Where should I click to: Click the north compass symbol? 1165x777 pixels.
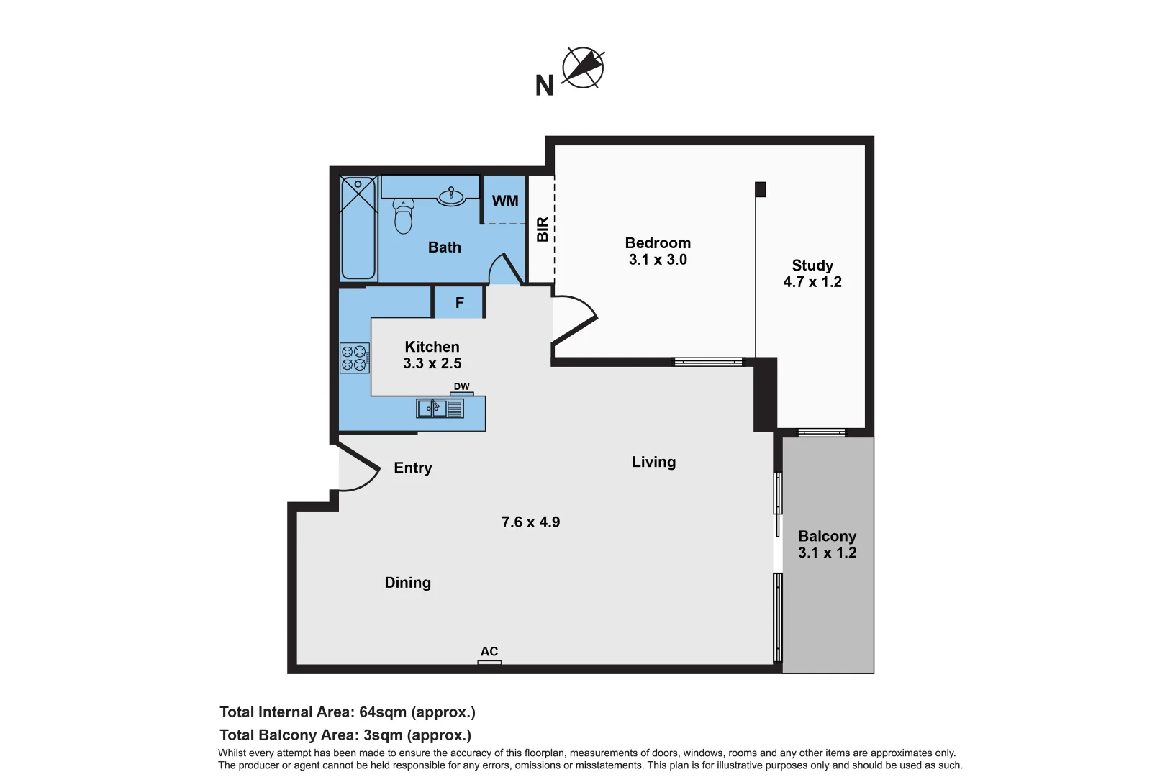(x=582, y=68)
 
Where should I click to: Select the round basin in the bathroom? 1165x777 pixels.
(x=452, y=196)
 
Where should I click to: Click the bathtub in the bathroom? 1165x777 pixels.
(x=358, y=228)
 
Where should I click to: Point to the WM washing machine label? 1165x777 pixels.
(x=504, y=201)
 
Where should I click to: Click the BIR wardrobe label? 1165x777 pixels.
(x=543, y=229)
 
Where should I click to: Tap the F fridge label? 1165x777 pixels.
(x=459, y=303)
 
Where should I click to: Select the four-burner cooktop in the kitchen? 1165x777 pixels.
(x=354, y=358)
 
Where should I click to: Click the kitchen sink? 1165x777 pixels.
(x=439, y=409)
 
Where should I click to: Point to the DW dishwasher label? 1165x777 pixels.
(x=461, y=386)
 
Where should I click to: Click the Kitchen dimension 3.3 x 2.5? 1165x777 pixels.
(x=432, y=363)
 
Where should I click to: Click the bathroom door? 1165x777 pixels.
(x=505, y=269)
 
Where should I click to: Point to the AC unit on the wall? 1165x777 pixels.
(x=489, y=661)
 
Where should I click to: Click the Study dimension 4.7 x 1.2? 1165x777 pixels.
(x=812, y=282)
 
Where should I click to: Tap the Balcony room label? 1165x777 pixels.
(x=827, y=536)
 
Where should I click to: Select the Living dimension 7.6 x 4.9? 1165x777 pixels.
(x=530, y=522)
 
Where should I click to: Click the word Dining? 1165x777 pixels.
(x=407, y=583)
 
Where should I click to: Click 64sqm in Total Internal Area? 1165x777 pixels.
(x=383, y=712)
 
